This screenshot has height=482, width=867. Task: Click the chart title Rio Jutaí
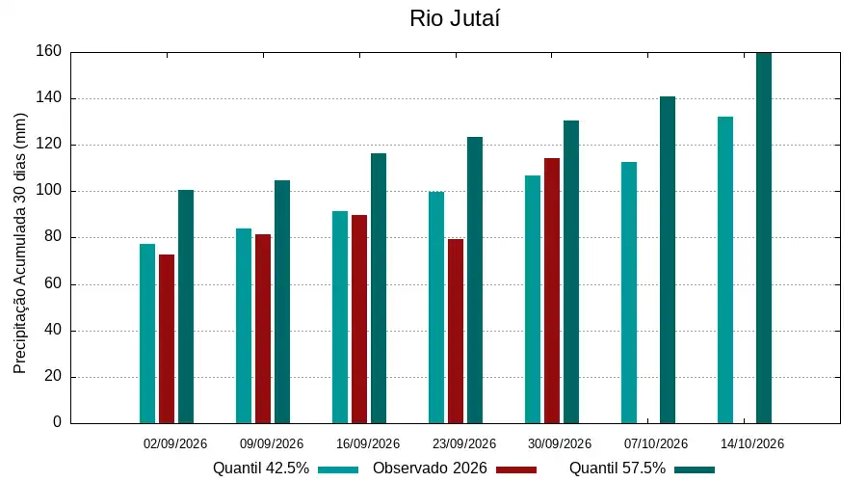tap(455, 18)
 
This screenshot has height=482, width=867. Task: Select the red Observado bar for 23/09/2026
tap(456, 331)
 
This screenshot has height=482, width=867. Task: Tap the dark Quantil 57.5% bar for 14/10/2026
tap(764, 238)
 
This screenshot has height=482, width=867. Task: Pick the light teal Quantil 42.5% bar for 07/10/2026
tap(629, 293)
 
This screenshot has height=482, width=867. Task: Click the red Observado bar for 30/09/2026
tap(552, 290)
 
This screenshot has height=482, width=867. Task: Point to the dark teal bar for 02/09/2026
tap(186, 307)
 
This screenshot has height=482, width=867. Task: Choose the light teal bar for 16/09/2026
tap(340, 317)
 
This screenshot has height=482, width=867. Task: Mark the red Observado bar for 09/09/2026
tap(263, 329)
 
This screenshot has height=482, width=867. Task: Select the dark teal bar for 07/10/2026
tap(668, 260)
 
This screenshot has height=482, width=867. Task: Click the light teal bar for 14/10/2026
tap(725, 270)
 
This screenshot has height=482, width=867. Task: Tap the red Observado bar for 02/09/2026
tap(167, 338)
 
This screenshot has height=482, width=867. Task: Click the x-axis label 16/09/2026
tap(368, 443)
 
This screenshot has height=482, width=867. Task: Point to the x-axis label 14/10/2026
tap(752, 443)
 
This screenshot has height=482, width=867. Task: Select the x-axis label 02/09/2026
tap(175, 443)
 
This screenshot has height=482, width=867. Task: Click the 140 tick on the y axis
tap(49, 98)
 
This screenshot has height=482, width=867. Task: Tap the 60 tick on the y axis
tap(53, 283)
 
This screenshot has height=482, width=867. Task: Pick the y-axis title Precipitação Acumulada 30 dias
tap(20, 243)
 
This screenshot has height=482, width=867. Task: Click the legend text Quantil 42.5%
tap(261, 469)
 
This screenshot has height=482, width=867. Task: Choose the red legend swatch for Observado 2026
tap(516, 469)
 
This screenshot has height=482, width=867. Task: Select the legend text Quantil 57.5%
tap(617, 469)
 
